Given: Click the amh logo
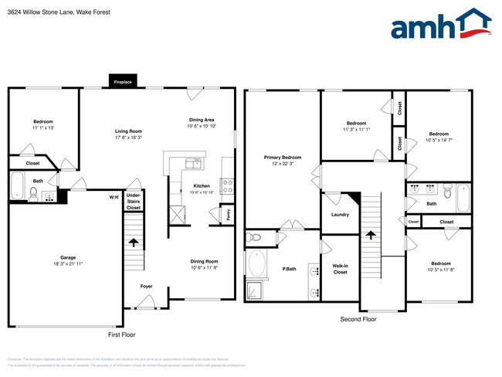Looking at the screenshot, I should [441, 25].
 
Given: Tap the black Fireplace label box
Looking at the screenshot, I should [124, 81].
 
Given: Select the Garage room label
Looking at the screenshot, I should [68, 258].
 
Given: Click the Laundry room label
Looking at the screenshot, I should [340, 215].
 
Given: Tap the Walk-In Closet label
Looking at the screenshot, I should [340, 269].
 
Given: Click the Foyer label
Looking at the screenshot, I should [147, 287].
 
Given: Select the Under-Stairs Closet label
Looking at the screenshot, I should [134, 202].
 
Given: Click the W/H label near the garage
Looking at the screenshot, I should [114, 197].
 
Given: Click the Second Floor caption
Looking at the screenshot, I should [358, 319].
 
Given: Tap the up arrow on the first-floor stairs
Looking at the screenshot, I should [134, 243].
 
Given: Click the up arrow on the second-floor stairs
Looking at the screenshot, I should [371, 235].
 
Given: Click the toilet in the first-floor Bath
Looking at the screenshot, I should [33, 192].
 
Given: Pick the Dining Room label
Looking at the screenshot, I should [205, 261].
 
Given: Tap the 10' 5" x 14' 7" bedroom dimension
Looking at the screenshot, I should [439, 139].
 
